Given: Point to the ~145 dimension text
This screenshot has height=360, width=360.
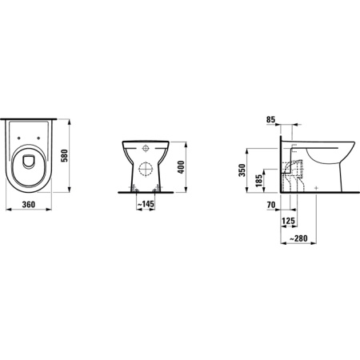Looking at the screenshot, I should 145,206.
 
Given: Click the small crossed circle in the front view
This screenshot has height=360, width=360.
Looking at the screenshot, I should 146,149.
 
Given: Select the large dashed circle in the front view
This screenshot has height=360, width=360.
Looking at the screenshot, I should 146,170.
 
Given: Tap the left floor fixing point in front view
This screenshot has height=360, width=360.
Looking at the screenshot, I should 132,187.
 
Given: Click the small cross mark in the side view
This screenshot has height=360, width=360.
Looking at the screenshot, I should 318,187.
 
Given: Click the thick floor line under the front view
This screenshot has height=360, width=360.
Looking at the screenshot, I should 146,192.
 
